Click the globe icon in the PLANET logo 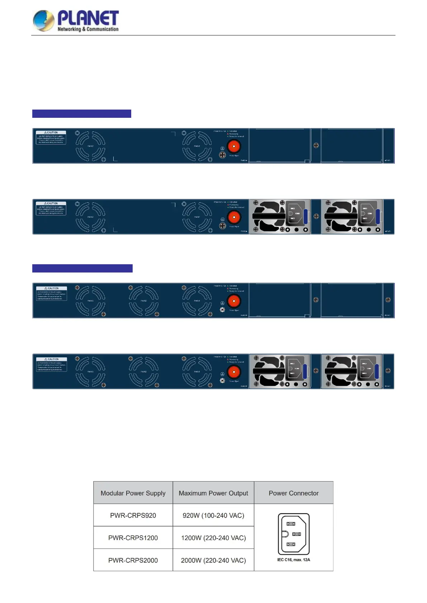point(43,20)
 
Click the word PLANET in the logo point(88,18)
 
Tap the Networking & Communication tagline point(88,29)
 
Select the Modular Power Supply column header point(133,493)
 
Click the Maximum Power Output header point(213,493)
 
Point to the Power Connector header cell point(294,493)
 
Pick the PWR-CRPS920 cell point(133,516)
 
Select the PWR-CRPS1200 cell point(133,538)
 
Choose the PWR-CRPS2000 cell point(133,560)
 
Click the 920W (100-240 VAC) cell point(213,516)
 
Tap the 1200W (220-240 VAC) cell point(213,538)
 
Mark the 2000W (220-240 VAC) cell point(213,560)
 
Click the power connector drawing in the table point(294,534)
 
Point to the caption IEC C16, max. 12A point(294,560)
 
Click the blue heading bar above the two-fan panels point(82,114)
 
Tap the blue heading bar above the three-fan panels point(82,269)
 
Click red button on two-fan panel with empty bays point(234,146)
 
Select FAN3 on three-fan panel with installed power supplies point(90,372)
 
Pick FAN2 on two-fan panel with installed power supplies point(90,217)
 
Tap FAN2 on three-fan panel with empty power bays point(144,301)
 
